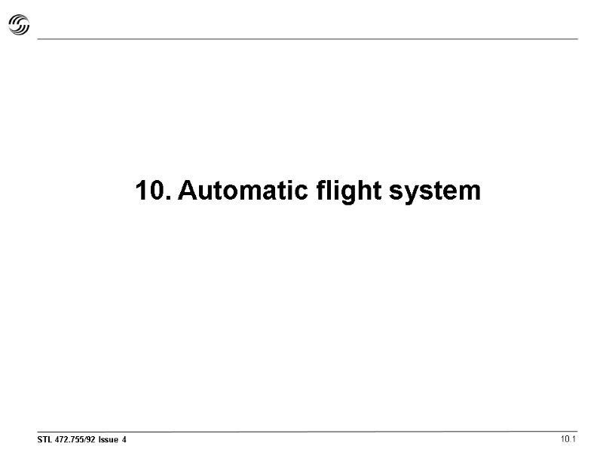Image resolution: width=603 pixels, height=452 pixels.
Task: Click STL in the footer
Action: coord(45,439)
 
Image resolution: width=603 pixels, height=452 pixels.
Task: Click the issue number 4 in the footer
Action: coord(124,439)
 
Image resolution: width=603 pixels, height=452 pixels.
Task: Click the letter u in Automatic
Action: coord(207,193)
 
